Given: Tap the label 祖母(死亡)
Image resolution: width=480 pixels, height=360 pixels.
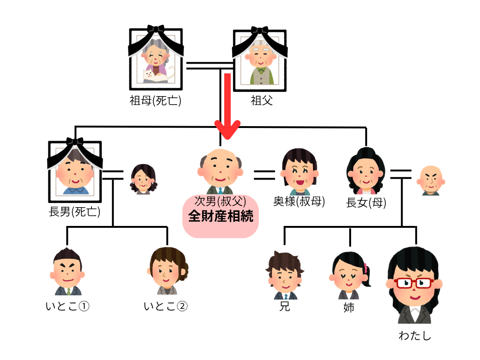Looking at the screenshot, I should pyautogui.click(x=155, y=100).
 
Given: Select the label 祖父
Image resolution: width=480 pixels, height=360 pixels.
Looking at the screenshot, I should pyautogui.click(x=261, y=100).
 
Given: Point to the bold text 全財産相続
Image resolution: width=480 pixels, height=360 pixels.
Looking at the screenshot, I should pyautogui.click(x=220, y=217).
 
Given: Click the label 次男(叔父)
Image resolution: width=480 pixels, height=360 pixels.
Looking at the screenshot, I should pyautogui.click(x=220, y=202).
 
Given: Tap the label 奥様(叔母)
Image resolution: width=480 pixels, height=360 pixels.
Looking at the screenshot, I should pyautogui.click(x=299, y=202).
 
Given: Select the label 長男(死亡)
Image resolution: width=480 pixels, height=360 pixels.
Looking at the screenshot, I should pyautogui.click(x=75, y=211).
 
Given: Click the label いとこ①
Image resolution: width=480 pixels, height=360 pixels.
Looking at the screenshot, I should pyautogui.click(x=67, y=307).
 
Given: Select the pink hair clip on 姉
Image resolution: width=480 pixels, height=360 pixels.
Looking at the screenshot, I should pyautogui.click(x=365, y=268).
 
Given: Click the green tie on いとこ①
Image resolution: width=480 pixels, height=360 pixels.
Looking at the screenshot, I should pyautogui.click(x=68, y=291).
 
